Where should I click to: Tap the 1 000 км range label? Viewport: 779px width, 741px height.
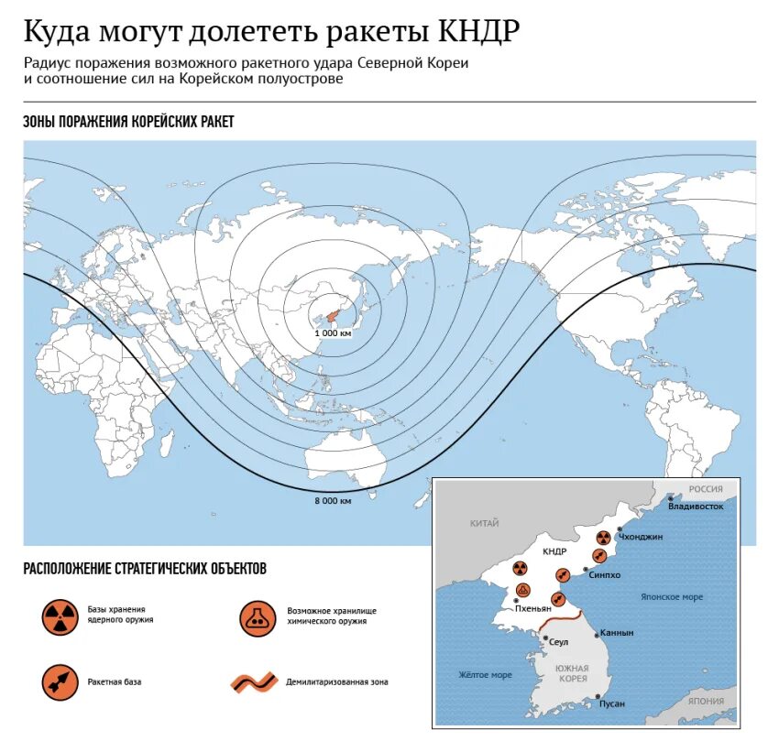coord(332,333)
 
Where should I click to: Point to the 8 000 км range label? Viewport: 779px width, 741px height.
coord(333,500)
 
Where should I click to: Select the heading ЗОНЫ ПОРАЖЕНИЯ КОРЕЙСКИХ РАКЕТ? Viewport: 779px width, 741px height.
coord(128,122)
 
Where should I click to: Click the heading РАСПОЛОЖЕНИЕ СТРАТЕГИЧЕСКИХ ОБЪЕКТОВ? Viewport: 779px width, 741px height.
coord(145,569)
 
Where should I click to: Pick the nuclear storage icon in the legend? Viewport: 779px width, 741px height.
coord(60,618)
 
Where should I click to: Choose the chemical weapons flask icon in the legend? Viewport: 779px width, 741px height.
coord(258,618)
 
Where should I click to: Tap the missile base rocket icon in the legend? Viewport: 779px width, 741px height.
coord(60,681)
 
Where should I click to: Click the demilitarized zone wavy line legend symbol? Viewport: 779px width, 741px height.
coord(253,681)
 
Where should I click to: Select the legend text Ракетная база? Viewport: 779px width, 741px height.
coord(115,681)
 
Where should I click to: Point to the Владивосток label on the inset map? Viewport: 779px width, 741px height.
coord(697,507)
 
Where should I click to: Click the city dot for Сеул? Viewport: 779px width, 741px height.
coord(546,638)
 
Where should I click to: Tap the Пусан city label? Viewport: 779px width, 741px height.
coord(611,703)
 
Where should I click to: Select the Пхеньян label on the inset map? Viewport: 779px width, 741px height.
coord(532,608)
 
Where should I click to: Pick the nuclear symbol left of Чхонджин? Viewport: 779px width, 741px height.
coord(603,539)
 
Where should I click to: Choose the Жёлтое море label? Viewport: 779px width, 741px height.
coord(485,675)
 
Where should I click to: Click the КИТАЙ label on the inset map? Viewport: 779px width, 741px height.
coord(484,523)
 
